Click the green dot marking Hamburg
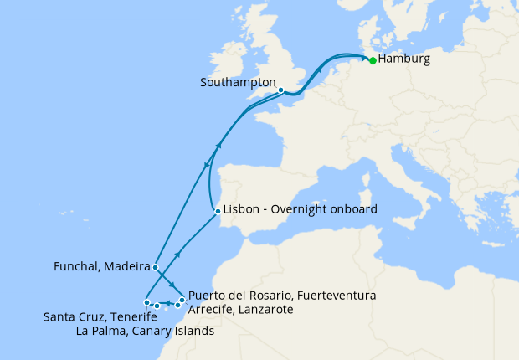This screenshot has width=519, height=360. coord(373,60)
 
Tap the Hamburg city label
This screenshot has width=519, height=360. coord(404,60)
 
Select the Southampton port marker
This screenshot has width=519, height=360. coord(280,90)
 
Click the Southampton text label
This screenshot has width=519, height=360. coord(239,84)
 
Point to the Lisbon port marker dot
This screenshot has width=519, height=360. coord(218,210)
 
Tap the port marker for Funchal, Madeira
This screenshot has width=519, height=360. coord(156,267)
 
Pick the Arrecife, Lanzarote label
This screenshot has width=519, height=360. coord(240,310)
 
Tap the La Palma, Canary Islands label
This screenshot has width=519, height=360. coord(145,331)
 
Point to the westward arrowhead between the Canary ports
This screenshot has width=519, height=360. coord(167,303)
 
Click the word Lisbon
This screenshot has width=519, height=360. coord(241,210)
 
